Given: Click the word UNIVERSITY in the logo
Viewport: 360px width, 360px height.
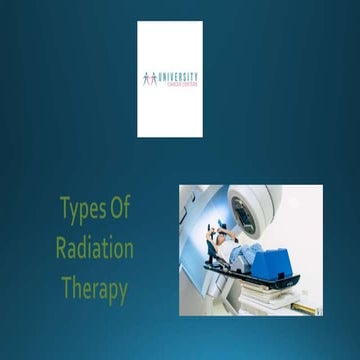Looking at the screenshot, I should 177,76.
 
